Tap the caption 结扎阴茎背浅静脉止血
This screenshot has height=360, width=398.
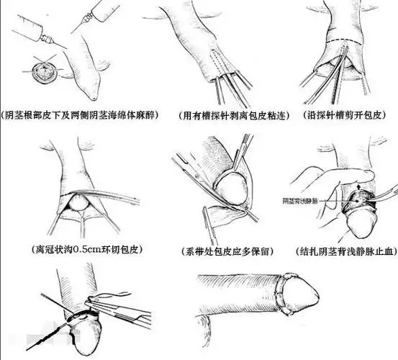coord(344,251)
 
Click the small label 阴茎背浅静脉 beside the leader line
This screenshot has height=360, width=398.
coord(303,199)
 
